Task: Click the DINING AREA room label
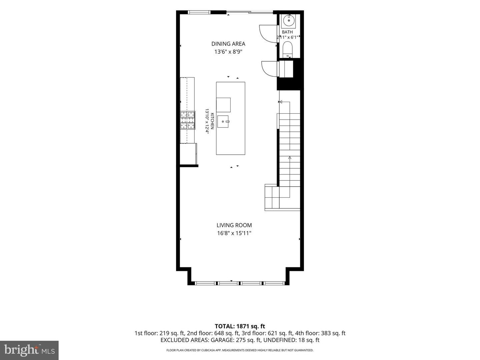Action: pyautogui.click(x=228, y=44)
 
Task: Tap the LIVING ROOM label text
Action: pyautogui.click(x=234, y=225)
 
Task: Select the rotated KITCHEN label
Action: pyautogui.click(x=212, y=121)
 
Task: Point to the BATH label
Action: pyautogui.click(x=287, y=32)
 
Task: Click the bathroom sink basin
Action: pyautogui.click(x=289, y=21)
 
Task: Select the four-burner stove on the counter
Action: pyautogui.click(x=188, y=120)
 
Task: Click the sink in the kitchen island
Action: pyautogui.click(x=223, y=122)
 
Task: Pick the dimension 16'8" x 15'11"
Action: pyautogui.click(x=234, y=233)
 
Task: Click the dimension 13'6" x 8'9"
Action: pyautogui.click(x=228, y=52)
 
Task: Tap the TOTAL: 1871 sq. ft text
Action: pyautogui.click(x=240, y=326)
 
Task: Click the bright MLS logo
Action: pyautogui.click(x=29, y=350)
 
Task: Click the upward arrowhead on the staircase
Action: pyautogui.click(x=290, y=157)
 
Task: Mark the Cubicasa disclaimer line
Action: pyautogui.click(x=240, y=350)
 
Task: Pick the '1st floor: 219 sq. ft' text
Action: pyautogui.click(x=159, y=333)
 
